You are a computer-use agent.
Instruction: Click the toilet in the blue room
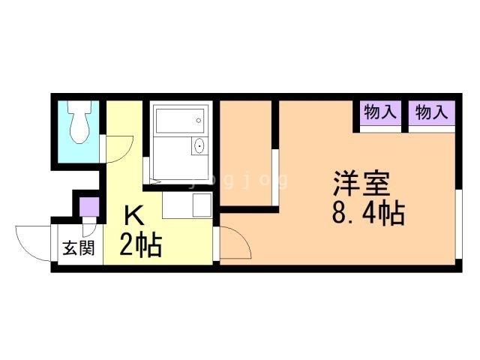point(79,121)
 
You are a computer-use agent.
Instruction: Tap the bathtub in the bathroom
point(180,121)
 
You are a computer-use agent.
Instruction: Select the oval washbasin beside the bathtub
point(199,146)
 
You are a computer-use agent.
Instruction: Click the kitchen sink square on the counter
point(202,205)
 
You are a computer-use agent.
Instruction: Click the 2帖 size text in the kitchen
point(140,245)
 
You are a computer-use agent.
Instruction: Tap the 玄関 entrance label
point(78,248)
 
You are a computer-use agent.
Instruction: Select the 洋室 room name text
point(361,184)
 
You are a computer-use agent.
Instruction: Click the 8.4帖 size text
point(368,213)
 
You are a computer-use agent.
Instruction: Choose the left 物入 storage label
point(380,112)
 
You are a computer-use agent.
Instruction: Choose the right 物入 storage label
point(432,112)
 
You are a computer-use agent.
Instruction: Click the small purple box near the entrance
point(89,207)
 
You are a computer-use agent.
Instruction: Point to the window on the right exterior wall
point(458,224)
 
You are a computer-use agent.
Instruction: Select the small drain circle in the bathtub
point(198,121)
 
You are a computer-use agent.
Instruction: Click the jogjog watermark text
point(239,180)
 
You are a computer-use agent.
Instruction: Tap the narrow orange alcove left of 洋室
point(246,153)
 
